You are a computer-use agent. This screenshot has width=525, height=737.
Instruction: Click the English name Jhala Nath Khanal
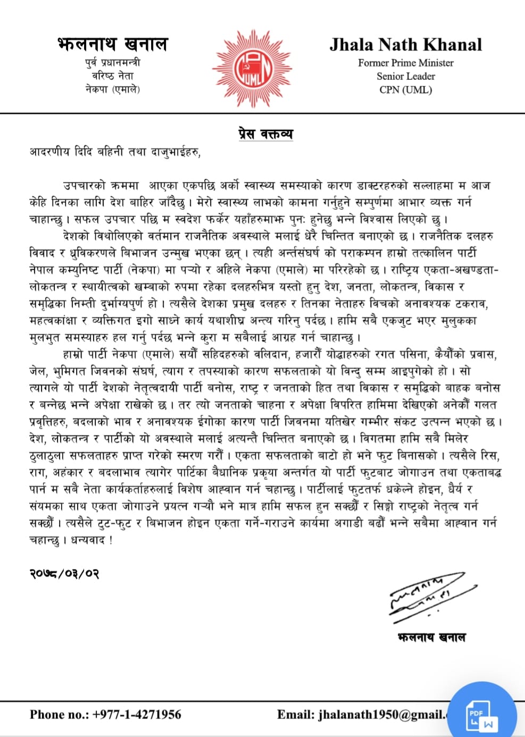405,45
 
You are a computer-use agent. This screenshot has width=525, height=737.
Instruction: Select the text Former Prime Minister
405,63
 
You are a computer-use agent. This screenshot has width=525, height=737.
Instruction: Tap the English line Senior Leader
405,76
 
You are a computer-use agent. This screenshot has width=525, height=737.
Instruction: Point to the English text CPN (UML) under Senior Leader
405,89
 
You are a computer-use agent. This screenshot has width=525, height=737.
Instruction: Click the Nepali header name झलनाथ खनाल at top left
113,44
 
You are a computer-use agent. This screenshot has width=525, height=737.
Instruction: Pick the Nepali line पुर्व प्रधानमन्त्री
113,63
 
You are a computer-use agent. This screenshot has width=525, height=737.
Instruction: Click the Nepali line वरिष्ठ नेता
113,76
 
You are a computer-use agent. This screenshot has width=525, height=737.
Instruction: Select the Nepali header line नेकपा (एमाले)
113,89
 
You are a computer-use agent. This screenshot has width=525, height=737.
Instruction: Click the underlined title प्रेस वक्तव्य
265,134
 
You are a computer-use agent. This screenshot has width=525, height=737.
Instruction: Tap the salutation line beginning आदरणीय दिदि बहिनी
115,152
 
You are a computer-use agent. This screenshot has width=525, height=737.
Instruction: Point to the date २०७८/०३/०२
64,574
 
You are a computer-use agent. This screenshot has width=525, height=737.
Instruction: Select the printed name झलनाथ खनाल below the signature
431,637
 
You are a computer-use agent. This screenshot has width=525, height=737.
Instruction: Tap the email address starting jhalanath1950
383,714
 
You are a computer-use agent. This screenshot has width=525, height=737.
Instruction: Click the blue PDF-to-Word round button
482,716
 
